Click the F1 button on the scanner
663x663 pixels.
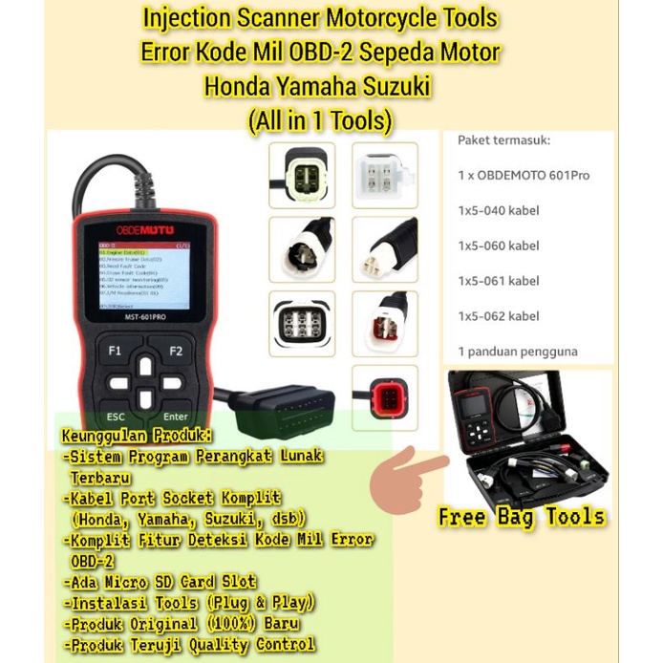coord(115,351)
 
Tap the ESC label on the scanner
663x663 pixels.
coord(116,417)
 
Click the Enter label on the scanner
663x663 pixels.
coord(176,417)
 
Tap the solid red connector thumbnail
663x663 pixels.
coord(384,397)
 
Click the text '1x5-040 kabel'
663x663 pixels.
coord(498,210)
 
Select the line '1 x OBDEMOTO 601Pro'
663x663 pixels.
coord(523,175)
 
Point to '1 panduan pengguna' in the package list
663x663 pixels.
coord(517,352)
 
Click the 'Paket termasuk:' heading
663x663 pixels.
coord(503,139)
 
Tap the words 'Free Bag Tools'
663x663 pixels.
coord(522,517)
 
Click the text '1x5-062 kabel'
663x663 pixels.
coord(498,316)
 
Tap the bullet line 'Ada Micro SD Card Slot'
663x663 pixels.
coord(162,581)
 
